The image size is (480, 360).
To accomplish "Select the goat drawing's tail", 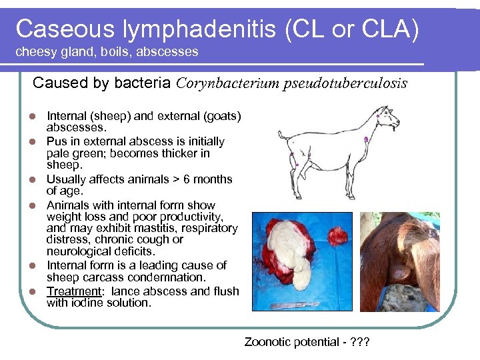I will click(282, 137).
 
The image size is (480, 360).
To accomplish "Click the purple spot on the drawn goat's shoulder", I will click(367, 139).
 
